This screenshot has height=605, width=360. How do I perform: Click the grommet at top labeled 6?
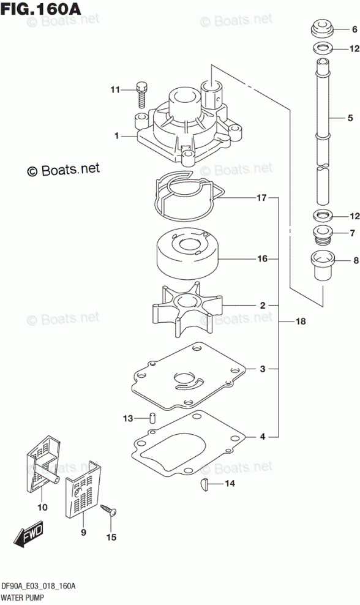point(321,29)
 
